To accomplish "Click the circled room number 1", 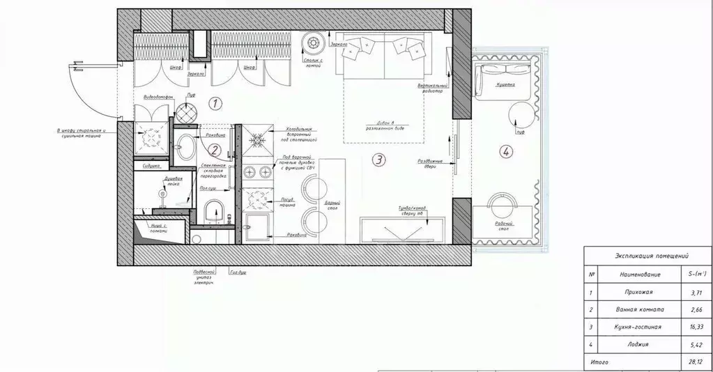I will pos(215,104).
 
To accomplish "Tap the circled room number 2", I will pos(215,149).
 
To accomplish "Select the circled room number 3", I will pos(378,160).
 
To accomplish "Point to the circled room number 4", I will pos(506,150).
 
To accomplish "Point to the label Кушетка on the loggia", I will pos(505,86).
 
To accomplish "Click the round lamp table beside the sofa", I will pos(312,44).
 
